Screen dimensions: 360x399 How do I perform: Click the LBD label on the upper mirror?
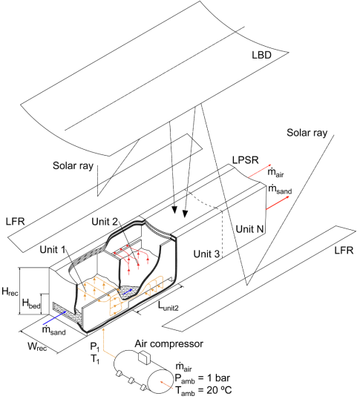click(x=261, y=55)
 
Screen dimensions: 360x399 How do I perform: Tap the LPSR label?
click(x=245, y=160)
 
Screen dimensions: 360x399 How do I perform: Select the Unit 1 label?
click(x=53, y=250)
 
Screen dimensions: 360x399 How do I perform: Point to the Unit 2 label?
click(x=105, y=222)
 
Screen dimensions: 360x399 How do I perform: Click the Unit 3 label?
click(x=206, y=254)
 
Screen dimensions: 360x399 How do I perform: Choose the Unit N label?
click(x=249, y=229)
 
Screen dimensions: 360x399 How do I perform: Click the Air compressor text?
click(x=169, y=344)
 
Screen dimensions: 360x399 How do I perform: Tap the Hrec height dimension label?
click(x=10, y=291)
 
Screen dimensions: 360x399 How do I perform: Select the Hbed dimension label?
click(x=31, y=303)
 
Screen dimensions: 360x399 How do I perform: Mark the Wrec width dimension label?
click(x=37, y=346)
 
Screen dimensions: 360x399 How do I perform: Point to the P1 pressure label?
click(x=94, y=347)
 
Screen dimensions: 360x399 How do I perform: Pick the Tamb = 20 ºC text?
click(x=203, y=391)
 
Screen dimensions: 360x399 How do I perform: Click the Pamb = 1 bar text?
click(x=202, y=379)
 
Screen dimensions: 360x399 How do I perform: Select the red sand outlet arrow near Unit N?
click(x=278, y=202)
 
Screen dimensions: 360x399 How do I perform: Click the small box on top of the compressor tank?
click(x=144, y=357)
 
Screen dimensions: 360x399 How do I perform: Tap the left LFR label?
click(x=16, y=222)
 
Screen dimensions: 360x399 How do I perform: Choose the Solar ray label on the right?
click(x=307, y=133)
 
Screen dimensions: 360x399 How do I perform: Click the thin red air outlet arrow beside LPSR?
click(x=260, y=171)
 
